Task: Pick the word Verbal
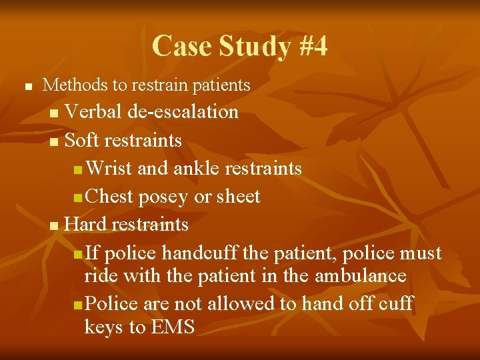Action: click(94, 111)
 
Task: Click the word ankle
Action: click(197, 169)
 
